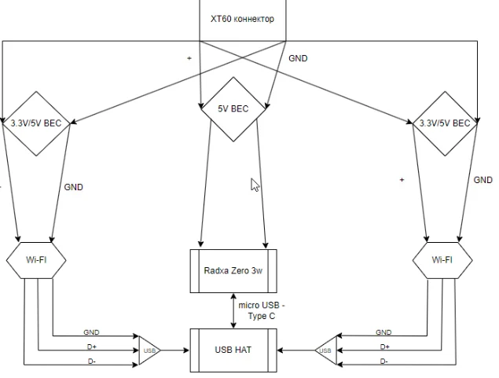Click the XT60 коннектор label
pyautogui.click(x=242, y=19)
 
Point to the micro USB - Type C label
pyautogui.click(x=262, y=310)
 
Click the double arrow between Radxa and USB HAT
pyautogui.click(x=233, y=310)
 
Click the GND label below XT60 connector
pyautogui.click(x=298, y=58)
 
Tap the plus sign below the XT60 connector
pyautogui.click(x=189, y=58)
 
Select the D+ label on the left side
pyautogui.click(x=92, y=347)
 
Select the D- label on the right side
pyautogui.click(x=384, y=361)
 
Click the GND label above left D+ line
pyautogui.click(x=91, y=332)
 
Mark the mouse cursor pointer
pyautogui.click(x=255, y=185)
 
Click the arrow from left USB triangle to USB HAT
pyautogui.click(x=175, y=350)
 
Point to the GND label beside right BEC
pyautogui.click(x=483, y=180)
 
